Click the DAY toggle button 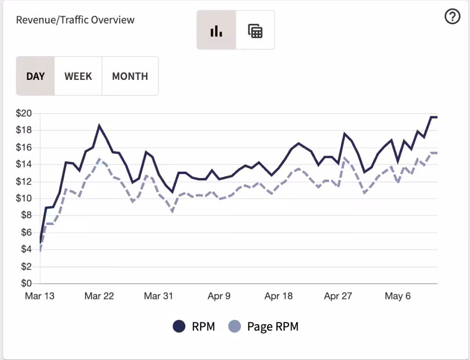35,76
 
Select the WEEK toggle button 78,76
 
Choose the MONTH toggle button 130,76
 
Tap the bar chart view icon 217,30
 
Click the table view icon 255,30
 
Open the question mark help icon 452,16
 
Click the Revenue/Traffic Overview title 75,20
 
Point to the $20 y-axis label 24,113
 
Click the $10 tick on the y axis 24,198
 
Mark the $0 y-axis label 26,283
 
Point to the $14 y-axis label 24,164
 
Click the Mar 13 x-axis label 40,296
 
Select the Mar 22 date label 99,296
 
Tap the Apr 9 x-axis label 219,296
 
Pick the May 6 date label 398,296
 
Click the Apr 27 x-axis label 338,296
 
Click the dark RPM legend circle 179,326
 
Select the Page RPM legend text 273,326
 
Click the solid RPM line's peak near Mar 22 99,125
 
